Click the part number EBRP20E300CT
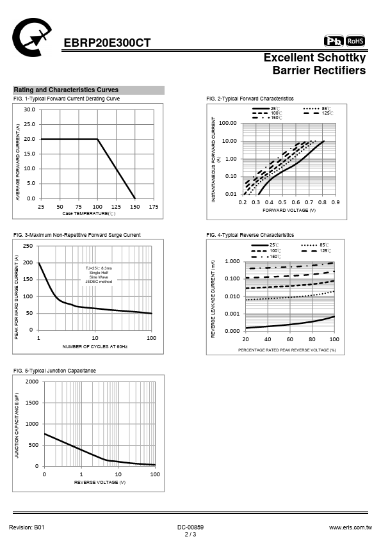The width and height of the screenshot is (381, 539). point(107,43)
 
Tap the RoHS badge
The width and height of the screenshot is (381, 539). point(355,41)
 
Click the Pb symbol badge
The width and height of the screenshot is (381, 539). point(334,41)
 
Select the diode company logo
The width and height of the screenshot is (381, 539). point(31,37)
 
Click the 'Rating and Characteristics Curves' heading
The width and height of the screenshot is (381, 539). point(66,90)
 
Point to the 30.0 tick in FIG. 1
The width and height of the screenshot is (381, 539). point(29,109)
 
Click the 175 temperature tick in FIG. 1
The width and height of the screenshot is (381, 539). point(154,207)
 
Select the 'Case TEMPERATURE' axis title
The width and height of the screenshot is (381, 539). point(89,213)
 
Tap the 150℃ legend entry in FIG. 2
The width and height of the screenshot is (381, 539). point(267,118)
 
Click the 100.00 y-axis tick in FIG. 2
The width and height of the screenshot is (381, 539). point(227,123)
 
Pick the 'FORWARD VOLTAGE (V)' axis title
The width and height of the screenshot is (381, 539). point(289,210)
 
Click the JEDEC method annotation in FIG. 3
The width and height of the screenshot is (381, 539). point(99,282)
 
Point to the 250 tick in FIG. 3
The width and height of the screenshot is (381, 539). point(28,246)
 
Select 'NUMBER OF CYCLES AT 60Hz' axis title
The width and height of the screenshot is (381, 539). point(95,346)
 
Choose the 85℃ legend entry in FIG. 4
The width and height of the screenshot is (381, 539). point(315,245)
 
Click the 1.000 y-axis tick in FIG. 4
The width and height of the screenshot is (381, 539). point(232,262)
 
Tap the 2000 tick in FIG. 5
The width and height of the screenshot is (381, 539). point(32,382)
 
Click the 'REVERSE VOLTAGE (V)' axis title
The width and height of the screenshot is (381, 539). point(100,482)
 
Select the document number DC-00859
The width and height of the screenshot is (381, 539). point(191,527)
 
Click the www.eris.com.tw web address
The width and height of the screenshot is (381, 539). point(350,527)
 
